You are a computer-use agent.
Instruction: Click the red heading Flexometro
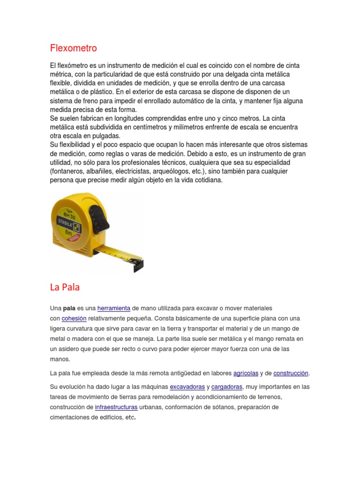coord(73,48)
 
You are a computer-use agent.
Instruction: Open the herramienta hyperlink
coord(113,308)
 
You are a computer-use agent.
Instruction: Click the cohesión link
coord(74,319)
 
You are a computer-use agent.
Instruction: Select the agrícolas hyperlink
coord(246,373)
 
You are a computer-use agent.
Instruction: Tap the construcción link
coord(291,373)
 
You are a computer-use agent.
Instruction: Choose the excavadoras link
coord(187,387)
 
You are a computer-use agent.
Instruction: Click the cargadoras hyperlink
coord(227,387)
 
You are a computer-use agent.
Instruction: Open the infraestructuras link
coord(116,407)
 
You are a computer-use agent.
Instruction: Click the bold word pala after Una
coord(69,308)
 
